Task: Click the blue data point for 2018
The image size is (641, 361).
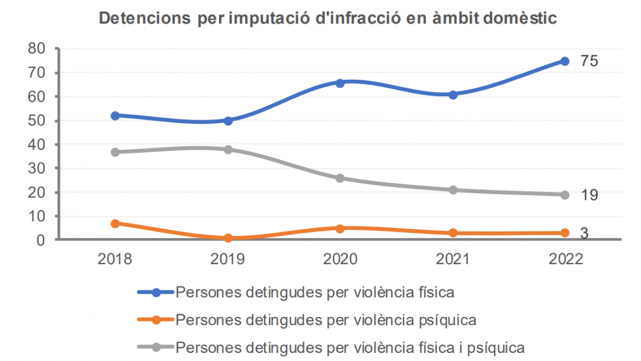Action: pos(115,116)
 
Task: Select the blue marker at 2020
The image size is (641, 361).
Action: pos(340,83)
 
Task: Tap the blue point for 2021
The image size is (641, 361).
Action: pos(453,95)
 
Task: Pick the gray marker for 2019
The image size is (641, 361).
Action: pos(228,149)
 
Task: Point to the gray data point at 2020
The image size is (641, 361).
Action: pos(340,178)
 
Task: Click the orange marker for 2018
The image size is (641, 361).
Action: pos(115,223)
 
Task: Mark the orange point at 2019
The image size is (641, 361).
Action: pos(228,238)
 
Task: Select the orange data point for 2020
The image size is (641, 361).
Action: pos(340,228)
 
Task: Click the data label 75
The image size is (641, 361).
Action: pos(589,61)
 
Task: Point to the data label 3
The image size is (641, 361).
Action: pos(584,234)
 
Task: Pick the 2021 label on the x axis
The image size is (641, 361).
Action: pos(452,259)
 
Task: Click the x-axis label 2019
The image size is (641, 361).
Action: pos(228,259)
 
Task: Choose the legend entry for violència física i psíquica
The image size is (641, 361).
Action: pos(350,348)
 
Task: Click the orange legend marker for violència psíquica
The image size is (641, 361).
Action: pos(156,320)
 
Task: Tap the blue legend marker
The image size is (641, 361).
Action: pos(156,293)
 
